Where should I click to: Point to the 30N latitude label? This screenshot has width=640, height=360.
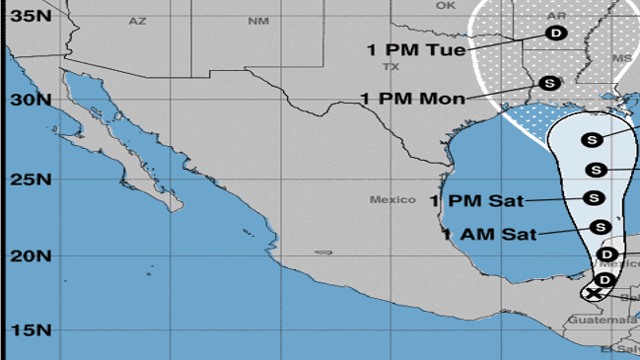[31, 100]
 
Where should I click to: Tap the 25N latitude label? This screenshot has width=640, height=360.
[31, 180]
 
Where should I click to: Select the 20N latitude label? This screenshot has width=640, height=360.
[31, 256]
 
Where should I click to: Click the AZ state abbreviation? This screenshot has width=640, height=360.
[137, 21]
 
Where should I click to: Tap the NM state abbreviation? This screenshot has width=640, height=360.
[258, 21]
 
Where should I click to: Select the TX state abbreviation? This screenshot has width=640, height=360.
[391, 67]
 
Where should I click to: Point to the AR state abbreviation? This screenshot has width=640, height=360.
[556, 16]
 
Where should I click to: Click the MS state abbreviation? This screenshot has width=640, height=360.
[622, 58]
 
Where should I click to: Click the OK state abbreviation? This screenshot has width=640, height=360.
[447, 5]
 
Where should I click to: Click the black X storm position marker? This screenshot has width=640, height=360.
[593, 293]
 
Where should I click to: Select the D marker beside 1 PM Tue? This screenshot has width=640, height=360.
[556, 33]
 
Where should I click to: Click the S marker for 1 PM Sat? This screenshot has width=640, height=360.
[594, 197]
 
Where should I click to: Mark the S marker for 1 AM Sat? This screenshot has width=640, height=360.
[599, 227]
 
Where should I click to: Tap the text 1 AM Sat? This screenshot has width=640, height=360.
[489, 235]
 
